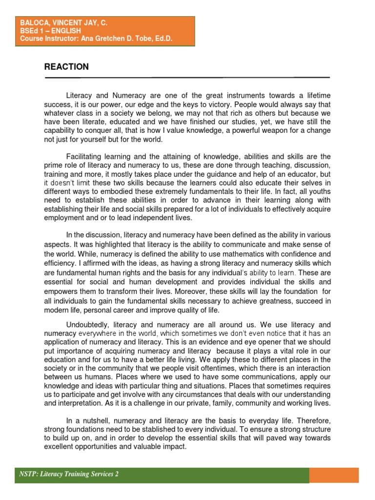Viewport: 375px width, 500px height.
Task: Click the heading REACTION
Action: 66,67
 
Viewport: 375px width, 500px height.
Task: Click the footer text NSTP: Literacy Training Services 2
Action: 69,474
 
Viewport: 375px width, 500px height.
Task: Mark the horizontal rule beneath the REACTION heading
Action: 187,78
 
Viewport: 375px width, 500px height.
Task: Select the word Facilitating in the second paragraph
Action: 86,156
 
